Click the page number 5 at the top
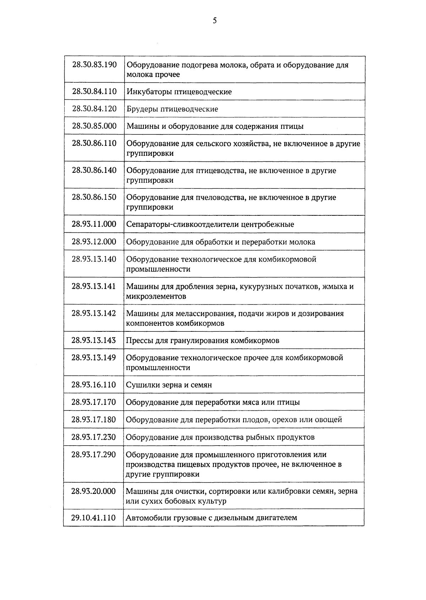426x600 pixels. (214, 21)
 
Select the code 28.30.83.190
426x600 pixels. (94, 65)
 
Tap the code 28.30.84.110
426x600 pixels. (94, 92)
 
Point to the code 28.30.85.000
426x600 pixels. (94, 126)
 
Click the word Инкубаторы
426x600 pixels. (149, 92)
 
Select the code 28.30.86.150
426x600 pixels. (94, 197)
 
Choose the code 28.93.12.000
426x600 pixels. (94, 242)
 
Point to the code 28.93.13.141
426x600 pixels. (94, 286)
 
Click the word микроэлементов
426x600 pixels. (156, 296)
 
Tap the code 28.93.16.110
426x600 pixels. (94, 385)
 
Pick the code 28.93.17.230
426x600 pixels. (94, 437)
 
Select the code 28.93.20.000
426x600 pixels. (94, 491)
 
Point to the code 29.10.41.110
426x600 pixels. (93, 518)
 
